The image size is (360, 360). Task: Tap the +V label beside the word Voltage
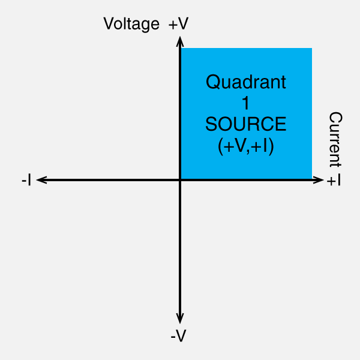179,24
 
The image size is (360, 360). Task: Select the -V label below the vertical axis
179,336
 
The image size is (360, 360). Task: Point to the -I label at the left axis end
26,180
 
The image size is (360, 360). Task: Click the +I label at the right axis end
334,181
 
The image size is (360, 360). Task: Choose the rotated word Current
335,139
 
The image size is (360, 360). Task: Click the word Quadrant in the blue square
245,82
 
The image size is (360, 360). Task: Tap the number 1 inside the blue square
245,103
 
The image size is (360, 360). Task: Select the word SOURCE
245,124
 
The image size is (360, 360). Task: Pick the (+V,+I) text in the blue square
245,146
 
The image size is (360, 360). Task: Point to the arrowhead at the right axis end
319,180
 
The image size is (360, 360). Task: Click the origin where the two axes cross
180,180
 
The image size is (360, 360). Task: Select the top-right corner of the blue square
311,49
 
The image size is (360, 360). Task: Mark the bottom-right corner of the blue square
311,178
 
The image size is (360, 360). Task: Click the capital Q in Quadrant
212,82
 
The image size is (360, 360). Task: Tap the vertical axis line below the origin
180,252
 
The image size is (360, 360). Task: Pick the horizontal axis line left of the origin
108,180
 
